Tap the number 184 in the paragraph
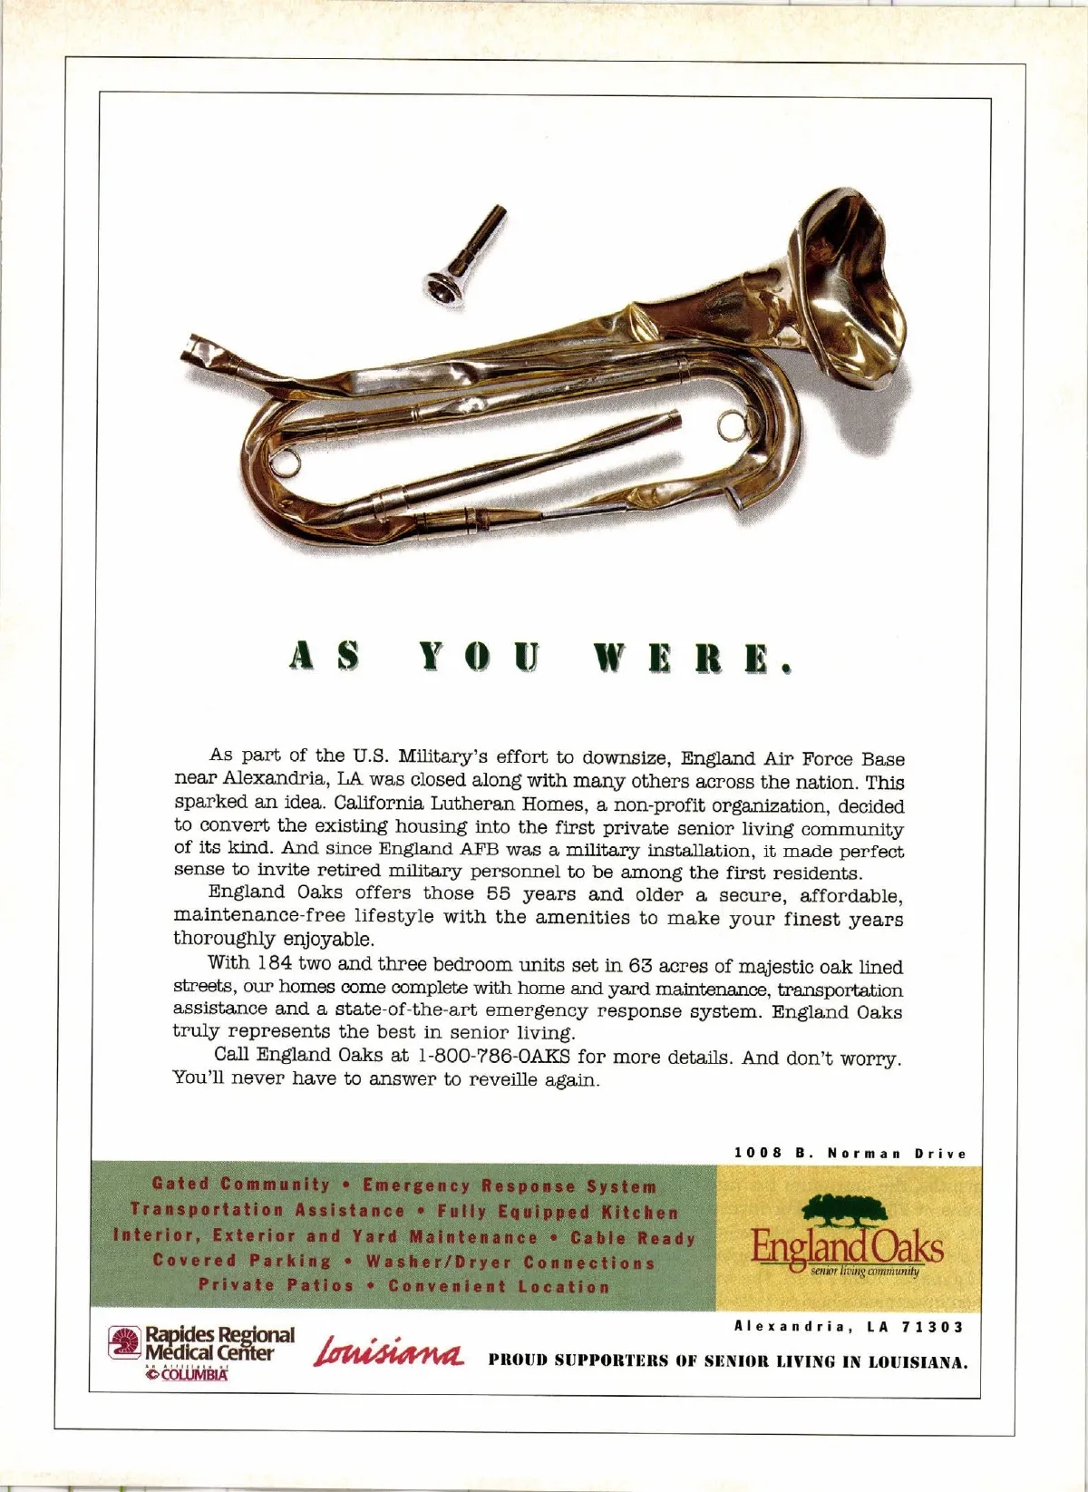[274, 963]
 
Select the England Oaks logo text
[847, 1248]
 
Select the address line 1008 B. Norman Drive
[850, 1154]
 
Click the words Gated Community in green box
[241, 1184]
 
